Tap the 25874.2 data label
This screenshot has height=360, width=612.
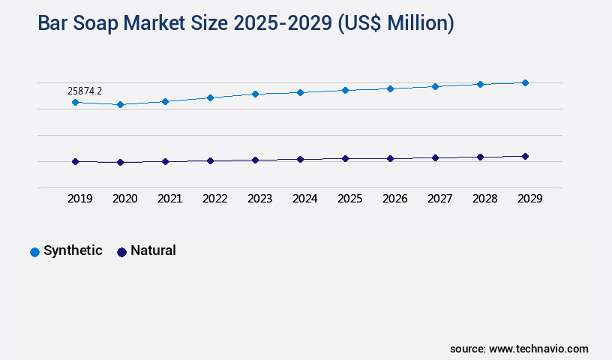(x=85, y=91)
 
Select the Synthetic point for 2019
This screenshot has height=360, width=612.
(x=75, y=102)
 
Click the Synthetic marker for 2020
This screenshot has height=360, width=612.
(x=120, y=104)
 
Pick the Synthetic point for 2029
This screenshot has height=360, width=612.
(x=525, y=82)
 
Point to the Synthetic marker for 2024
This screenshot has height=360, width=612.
(x=300, y=92)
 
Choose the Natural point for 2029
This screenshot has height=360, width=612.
(x=525, y=156)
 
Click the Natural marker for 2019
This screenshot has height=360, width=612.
(x=75, y=161)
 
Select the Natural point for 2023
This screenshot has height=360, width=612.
(x=255, y=160)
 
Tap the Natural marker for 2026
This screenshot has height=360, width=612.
(x=390, y=158)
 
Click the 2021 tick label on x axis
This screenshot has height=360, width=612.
(x=169, y=199)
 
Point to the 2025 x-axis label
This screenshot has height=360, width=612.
(x=349, y=199)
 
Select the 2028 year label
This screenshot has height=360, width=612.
(x=484, y=199)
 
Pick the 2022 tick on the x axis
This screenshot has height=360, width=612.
(x=214, y=199)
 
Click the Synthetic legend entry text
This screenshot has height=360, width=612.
(x=73, y=250)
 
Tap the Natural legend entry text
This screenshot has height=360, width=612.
(x=153, y=250)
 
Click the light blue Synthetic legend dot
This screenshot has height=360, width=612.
(x=34, y=252)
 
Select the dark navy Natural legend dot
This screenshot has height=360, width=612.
(x=121, y=252)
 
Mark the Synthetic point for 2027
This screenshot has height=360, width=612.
(x=435, y=86)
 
